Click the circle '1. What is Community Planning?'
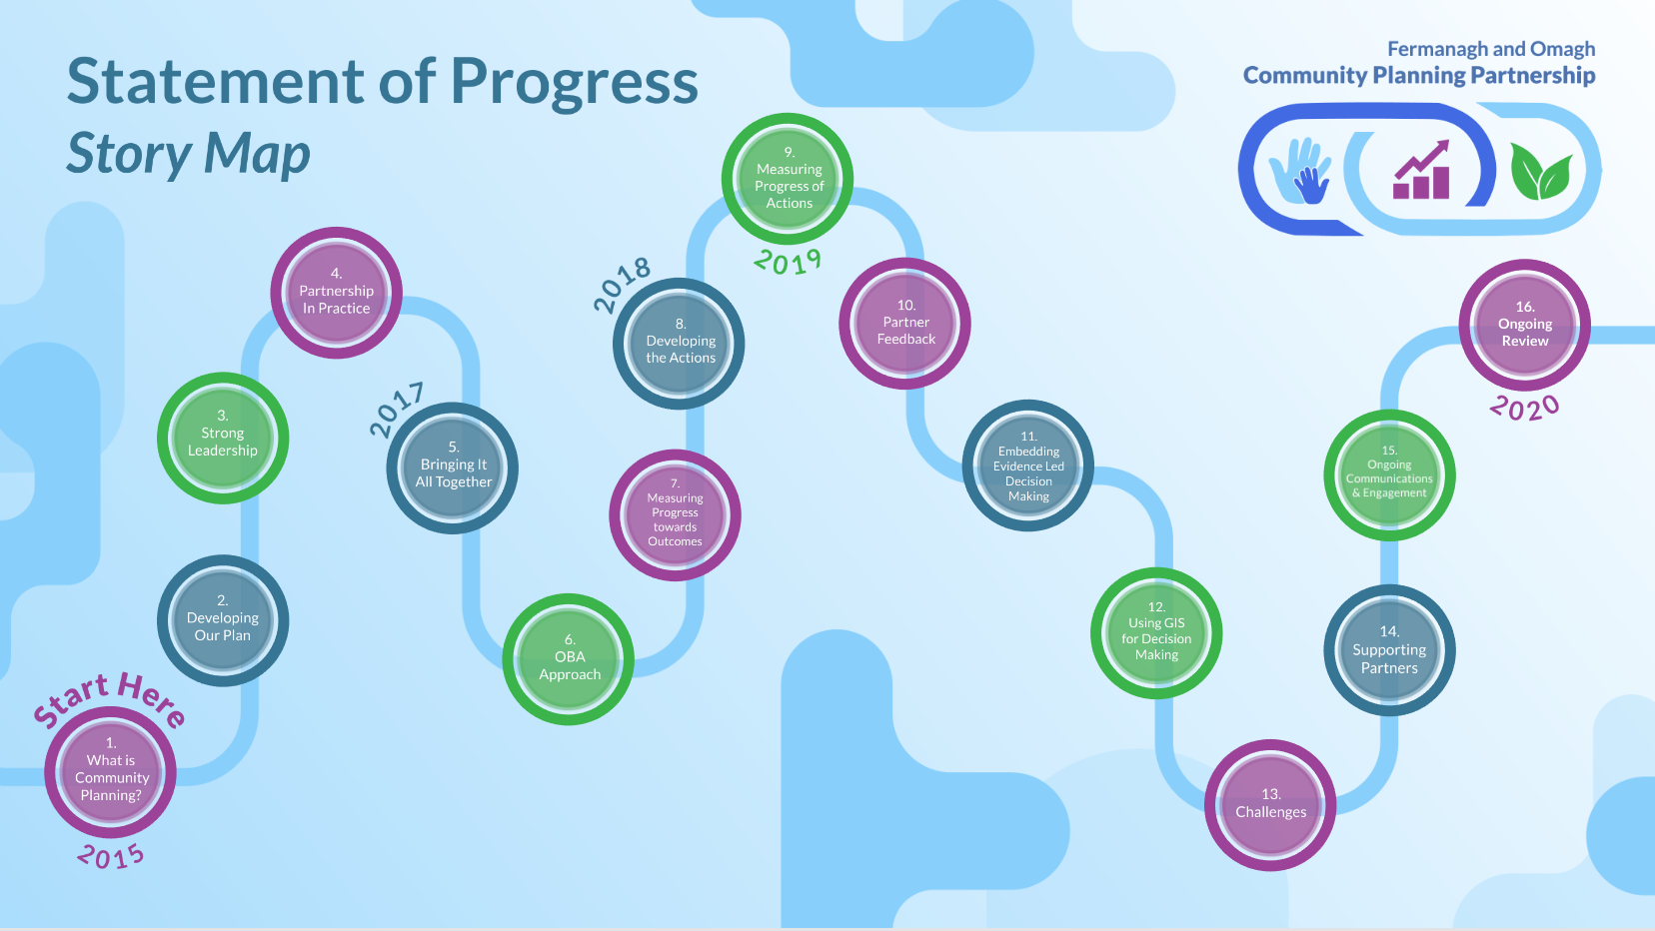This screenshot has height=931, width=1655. point(110,772)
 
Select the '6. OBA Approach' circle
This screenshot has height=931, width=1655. point(569,659)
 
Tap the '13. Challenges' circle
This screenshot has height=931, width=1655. point(1270,805)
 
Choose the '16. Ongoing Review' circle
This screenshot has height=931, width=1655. point(1524,325)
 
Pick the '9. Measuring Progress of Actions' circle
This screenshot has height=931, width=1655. point(788,179)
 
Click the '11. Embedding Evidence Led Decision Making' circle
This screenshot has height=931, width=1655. point(1027,465)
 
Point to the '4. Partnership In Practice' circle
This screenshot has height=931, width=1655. point(336,293)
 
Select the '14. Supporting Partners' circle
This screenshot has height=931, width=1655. point(1389,650)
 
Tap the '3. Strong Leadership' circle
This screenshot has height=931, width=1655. point(223,439)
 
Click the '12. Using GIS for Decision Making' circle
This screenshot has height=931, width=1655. point(1156,633)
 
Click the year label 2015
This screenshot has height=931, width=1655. point(111,856)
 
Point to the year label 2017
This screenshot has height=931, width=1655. point(398,409)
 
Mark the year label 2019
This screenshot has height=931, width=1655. point(788,262)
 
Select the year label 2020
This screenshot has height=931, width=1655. point(1524,408)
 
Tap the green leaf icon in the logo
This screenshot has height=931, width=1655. point(1541,171)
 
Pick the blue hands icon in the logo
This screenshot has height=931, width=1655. point(1300,171)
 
